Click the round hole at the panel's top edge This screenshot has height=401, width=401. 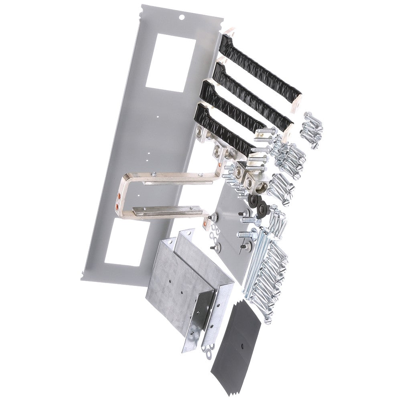(182, 17)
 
